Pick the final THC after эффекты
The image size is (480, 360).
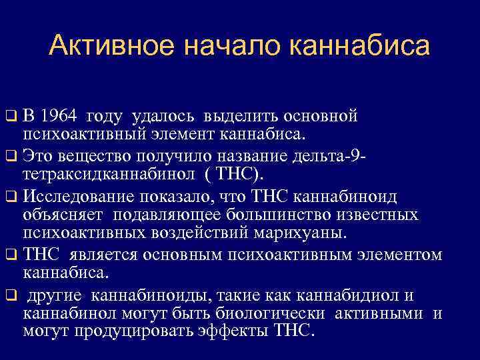point(291,332)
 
